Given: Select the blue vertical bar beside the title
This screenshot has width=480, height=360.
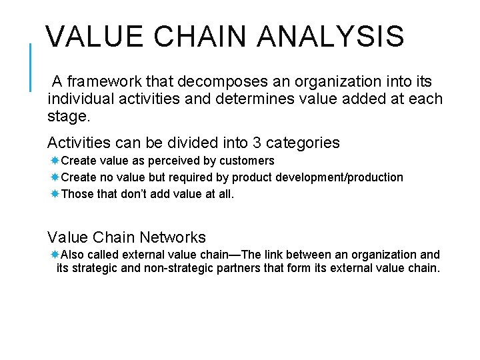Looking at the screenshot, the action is [x=31, y=67].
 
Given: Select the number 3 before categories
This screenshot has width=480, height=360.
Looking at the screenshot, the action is [x=257, y=143].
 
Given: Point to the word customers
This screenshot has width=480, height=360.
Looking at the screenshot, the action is [x=247, y=161].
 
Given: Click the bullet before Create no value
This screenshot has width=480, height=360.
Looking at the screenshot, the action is [x=55, y=177].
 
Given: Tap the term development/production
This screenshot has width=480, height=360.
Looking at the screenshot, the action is [x=337, y=177].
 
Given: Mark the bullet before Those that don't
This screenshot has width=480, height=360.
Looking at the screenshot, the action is [x=55, y=194].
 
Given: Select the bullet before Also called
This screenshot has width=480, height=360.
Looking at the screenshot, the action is [x=55, y=254].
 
